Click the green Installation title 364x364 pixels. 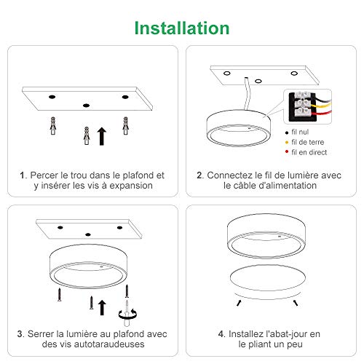(182, 28)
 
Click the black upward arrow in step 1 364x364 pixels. (102, 136)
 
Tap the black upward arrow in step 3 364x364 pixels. (102, 308)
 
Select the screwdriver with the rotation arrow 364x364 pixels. (127, 313)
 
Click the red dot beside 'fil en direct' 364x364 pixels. (287, 151)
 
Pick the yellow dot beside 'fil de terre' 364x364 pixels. (287, 142)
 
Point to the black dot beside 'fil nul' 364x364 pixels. (287, 132)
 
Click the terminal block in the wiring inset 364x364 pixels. (303, 106)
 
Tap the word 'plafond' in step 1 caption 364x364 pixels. (138, 175)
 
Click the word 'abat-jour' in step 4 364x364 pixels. (287, 334)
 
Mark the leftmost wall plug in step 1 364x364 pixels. (53, 126)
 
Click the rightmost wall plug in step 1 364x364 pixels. (125, 126)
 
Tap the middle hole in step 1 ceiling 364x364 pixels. (86, 106)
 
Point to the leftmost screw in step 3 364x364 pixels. (59, 295)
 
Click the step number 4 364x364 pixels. (221, 334)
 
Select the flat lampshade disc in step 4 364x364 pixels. (268, 278)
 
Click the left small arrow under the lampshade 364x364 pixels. (239, 303)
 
